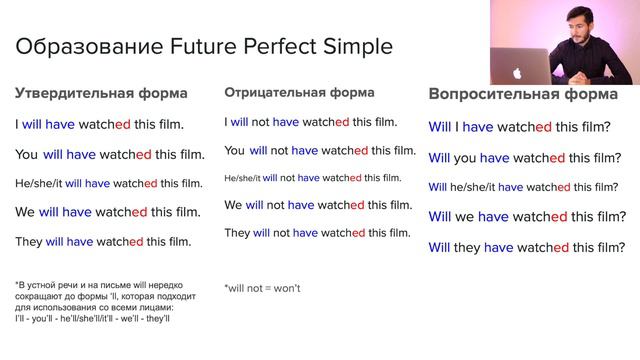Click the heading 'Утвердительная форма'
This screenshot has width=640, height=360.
point(100,94)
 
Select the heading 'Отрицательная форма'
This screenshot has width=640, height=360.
point(300,92)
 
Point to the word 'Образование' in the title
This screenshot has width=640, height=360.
point(81,46)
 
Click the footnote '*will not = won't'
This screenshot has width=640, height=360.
point(262,288)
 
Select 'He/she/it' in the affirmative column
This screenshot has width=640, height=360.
point(39,183)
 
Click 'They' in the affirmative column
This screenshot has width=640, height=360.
point(29,241)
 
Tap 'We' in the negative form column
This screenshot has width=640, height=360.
point(233,205)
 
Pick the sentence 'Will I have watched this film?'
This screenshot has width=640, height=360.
point(519,127)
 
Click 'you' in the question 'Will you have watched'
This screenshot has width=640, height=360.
point(464,158)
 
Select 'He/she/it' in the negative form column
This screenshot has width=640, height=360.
point(242,178)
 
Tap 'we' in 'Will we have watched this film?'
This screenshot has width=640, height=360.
point(464,216)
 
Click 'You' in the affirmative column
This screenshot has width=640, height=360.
point(27,155)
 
